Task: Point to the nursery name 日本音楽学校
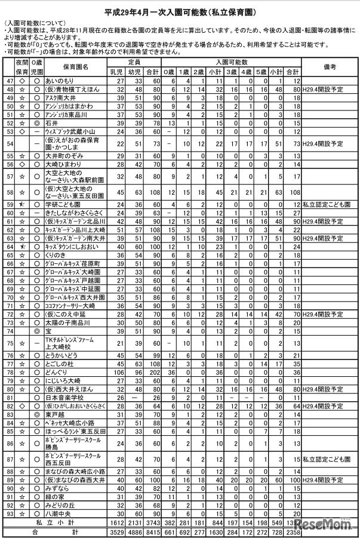pos(67,396)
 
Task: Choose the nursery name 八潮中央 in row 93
pos(62,512)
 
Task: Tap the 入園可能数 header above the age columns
pos(232,62)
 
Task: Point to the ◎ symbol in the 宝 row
pos(36,330)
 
